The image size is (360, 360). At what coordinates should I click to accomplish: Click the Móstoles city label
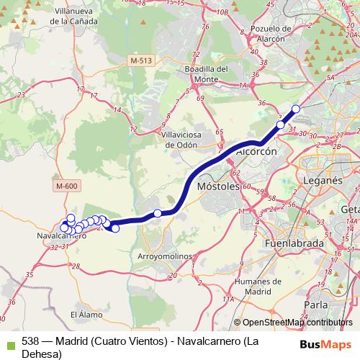[x=217, y=186]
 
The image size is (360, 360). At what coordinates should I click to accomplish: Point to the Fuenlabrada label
[x=299, y=244]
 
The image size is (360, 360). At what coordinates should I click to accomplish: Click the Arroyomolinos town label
[x=163, y=256]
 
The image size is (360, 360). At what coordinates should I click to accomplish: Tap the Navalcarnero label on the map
[x=62, y=235]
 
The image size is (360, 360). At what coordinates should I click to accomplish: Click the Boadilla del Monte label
[x=205, y=73]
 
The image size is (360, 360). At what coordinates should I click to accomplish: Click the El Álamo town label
[x=83, y=315]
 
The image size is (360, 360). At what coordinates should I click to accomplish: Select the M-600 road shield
[x=66, y=186]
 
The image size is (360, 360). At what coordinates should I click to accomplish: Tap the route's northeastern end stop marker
[x=295, y=109]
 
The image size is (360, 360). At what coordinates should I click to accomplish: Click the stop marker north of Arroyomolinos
[x=158, y=213]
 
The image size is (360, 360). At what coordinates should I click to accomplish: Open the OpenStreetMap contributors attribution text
[x=297, y=323]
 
